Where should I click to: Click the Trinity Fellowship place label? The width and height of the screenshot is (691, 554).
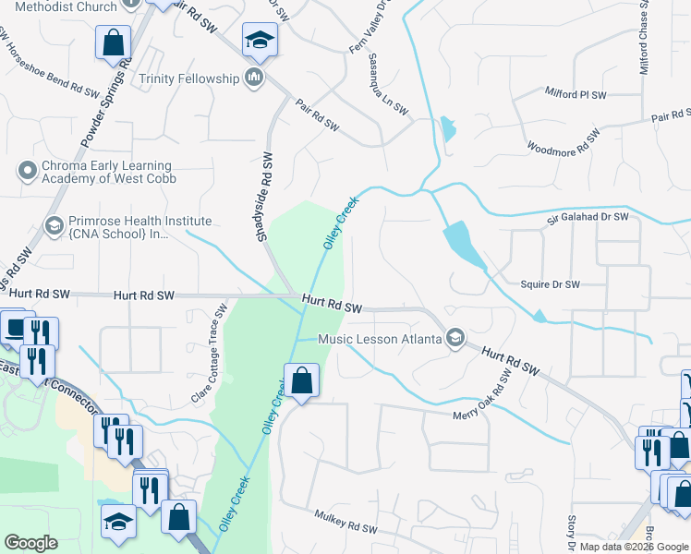(188, 78)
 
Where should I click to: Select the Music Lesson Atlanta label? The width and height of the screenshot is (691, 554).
(380, 339)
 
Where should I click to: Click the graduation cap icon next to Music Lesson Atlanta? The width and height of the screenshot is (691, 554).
(454, 339)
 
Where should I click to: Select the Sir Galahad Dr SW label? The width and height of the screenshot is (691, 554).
(588, 217)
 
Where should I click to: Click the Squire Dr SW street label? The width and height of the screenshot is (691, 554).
(551, 284)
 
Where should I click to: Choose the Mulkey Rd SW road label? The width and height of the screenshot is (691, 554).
(346, 523)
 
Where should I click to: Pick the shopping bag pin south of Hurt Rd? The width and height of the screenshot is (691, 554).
(302, 379)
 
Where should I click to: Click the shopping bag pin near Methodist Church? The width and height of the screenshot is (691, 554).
(113, 42)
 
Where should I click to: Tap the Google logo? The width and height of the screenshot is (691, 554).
(31, 543)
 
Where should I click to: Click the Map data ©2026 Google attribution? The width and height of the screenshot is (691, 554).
(633, 547)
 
